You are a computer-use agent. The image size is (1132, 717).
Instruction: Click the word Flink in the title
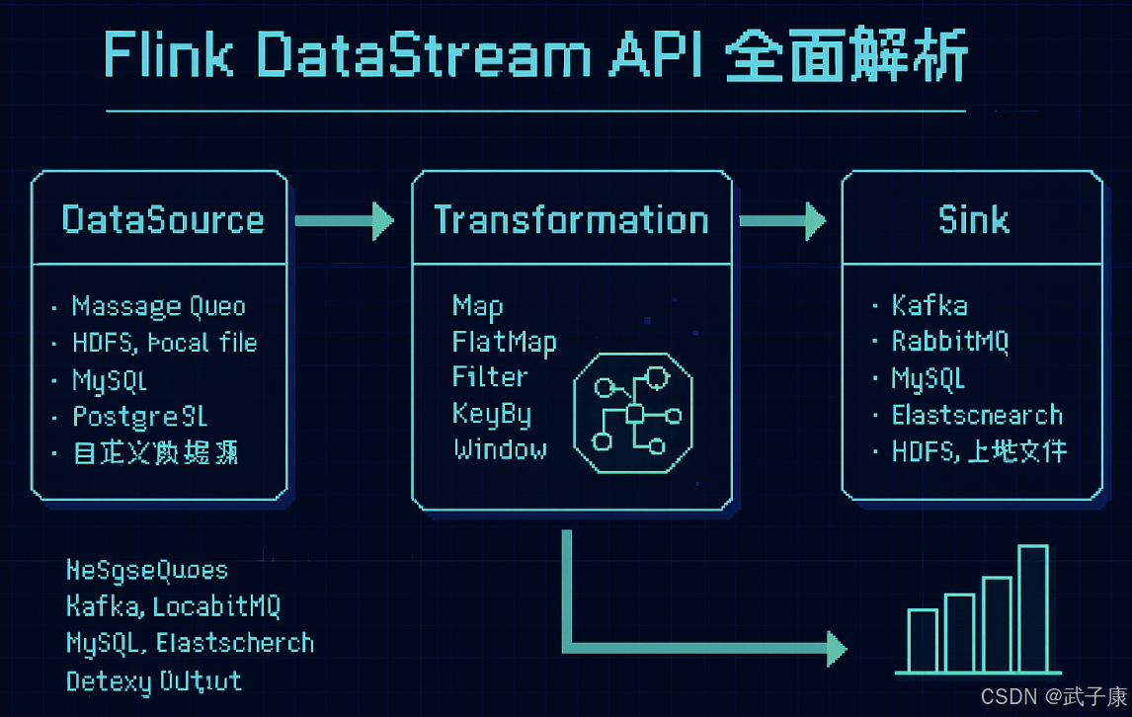168,58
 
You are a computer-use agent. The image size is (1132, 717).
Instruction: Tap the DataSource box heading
163,219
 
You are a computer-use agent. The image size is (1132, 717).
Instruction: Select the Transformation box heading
571,219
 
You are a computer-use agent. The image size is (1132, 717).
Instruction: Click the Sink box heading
973,219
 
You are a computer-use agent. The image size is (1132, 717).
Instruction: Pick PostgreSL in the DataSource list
139,416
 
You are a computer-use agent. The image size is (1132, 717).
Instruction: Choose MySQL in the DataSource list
110,379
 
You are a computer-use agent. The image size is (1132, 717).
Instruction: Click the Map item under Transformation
477,306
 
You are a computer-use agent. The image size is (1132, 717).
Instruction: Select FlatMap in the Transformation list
504,342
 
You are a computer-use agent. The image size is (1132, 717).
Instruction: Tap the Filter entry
490,377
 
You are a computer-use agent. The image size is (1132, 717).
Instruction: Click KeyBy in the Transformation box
492,413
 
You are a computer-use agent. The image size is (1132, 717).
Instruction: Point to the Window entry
500,449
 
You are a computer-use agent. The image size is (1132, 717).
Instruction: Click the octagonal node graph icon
632,413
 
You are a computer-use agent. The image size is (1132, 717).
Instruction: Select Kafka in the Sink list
930,305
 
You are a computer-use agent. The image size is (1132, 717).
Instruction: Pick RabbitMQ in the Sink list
949,342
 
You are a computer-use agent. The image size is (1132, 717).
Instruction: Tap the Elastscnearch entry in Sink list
977,415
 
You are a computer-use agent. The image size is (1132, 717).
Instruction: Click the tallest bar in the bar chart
1032,607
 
